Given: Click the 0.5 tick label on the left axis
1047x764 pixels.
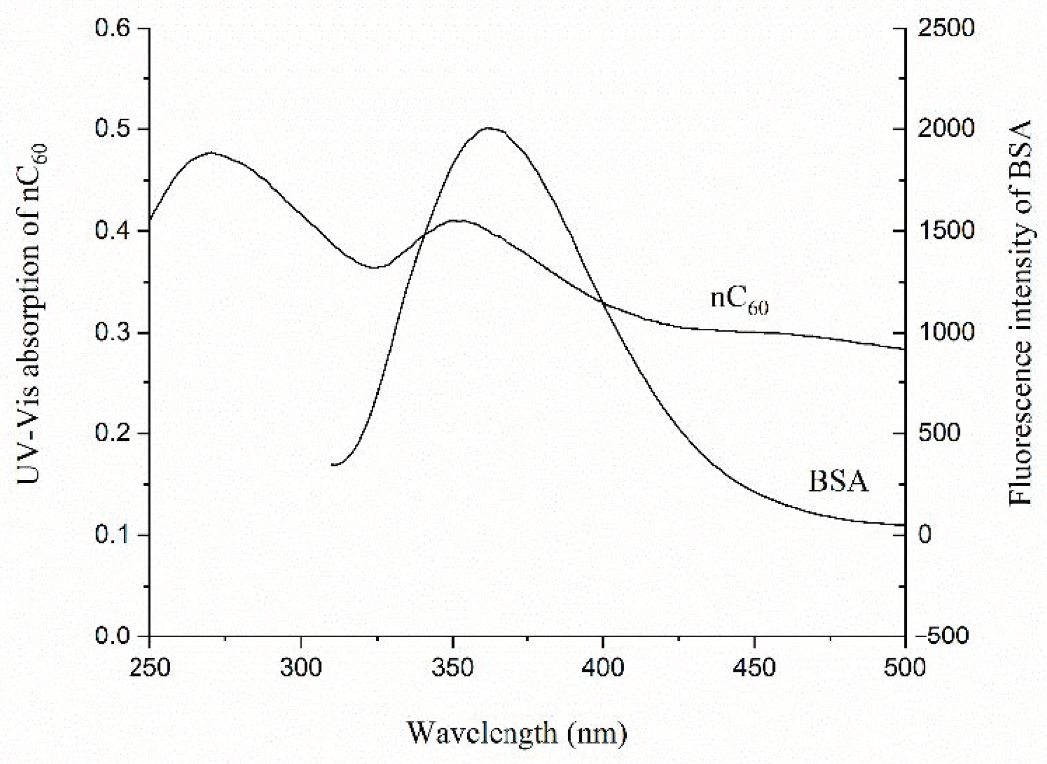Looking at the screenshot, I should [x=111, y=129].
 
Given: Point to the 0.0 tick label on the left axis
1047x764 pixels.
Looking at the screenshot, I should [x=111, y=636].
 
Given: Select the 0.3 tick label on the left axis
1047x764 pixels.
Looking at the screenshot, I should [x=111, y=333].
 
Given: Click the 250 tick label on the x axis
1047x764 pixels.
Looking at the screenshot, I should [x=149, y=668].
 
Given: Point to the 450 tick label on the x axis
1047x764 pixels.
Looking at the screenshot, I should [x=754, y=668].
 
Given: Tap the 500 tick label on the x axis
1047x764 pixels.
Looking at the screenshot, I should [x=905, y=668].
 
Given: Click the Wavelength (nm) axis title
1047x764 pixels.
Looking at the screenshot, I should [x=517, y=733].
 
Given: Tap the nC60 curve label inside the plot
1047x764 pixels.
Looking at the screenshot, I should [x=739, y=300].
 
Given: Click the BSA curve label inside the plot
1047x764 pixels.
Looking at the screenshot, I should [x=838, y=482].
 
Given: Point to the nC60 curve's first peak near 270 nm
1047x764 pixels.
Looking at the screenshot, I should [x=211, y=152].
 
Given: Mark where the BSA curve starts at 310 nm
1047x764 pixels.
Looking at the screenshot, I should [x=332, y=464].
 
